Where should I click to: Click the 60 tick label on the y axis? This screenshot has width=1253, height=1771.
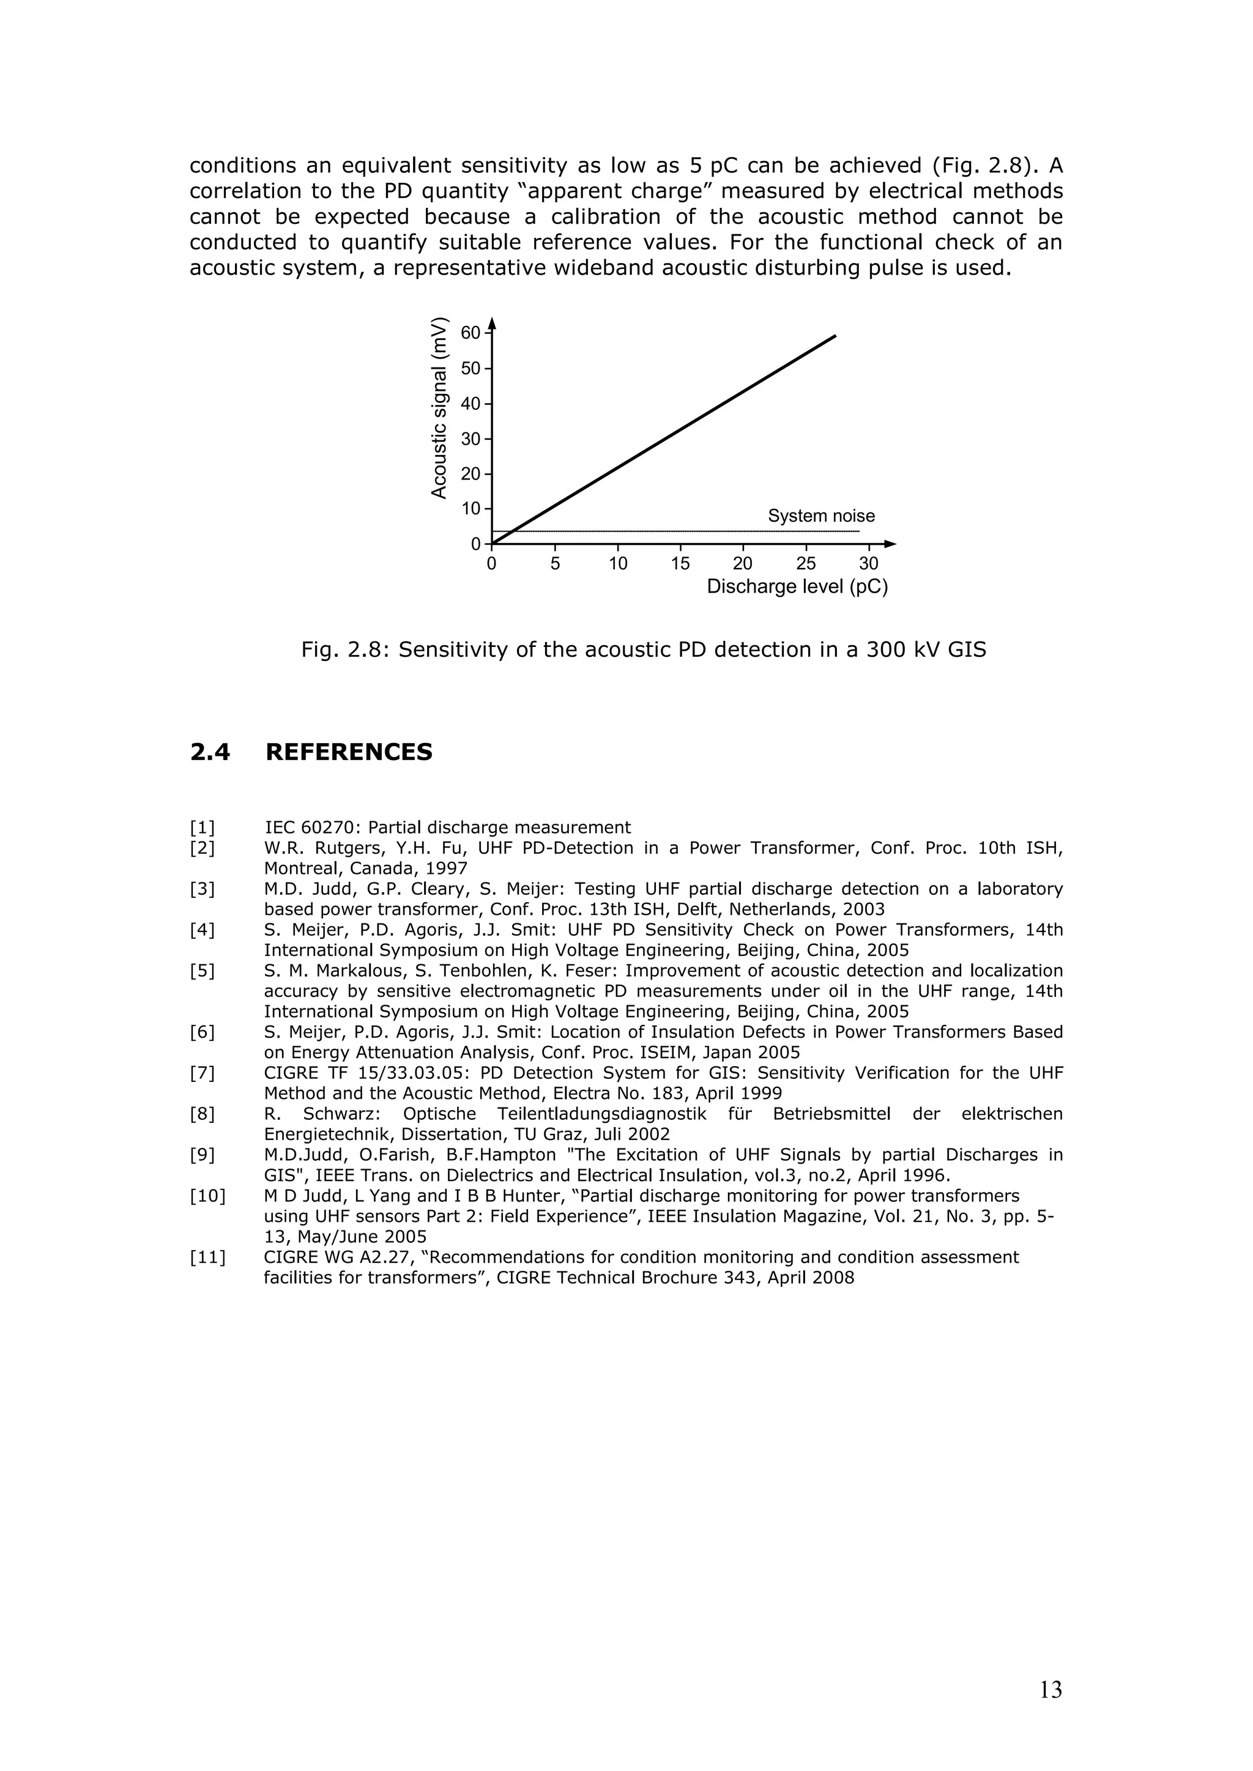(470, 333)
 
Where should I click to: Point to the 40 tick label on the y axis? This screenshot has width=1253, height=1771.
(470, 404)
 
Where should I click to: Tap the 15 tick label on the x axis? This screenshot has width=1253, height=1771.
(680, 564)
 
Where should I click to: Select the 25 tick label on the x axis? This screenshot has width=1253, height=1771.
(806, 564)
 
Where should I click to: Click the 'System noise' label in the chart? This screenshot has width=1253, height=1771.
(821, 516)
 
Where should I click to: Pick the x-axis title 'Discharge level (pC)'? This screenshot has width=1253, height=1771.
(797, 587)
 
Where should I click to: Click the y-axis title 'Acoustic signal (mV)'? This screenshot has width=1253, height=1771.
(439, 407)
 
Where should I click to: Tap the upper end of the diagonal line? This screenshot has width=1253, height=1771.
(835, 336)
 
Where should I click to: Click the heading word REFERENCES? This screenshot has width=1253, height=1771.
(349, 752)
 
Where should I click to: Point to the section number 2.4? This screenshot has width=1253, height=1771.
(210, 752)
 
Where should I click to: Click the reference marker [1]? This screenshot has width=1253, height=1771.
(202, 827)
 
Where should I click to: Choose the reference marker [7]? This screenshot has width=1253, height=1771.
(202, 1073)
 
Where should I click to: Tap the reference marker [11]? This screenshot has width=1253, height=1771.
(207, 1257)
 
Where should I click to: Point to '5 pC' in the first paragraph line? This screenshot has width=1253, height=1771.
(714, 166)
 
